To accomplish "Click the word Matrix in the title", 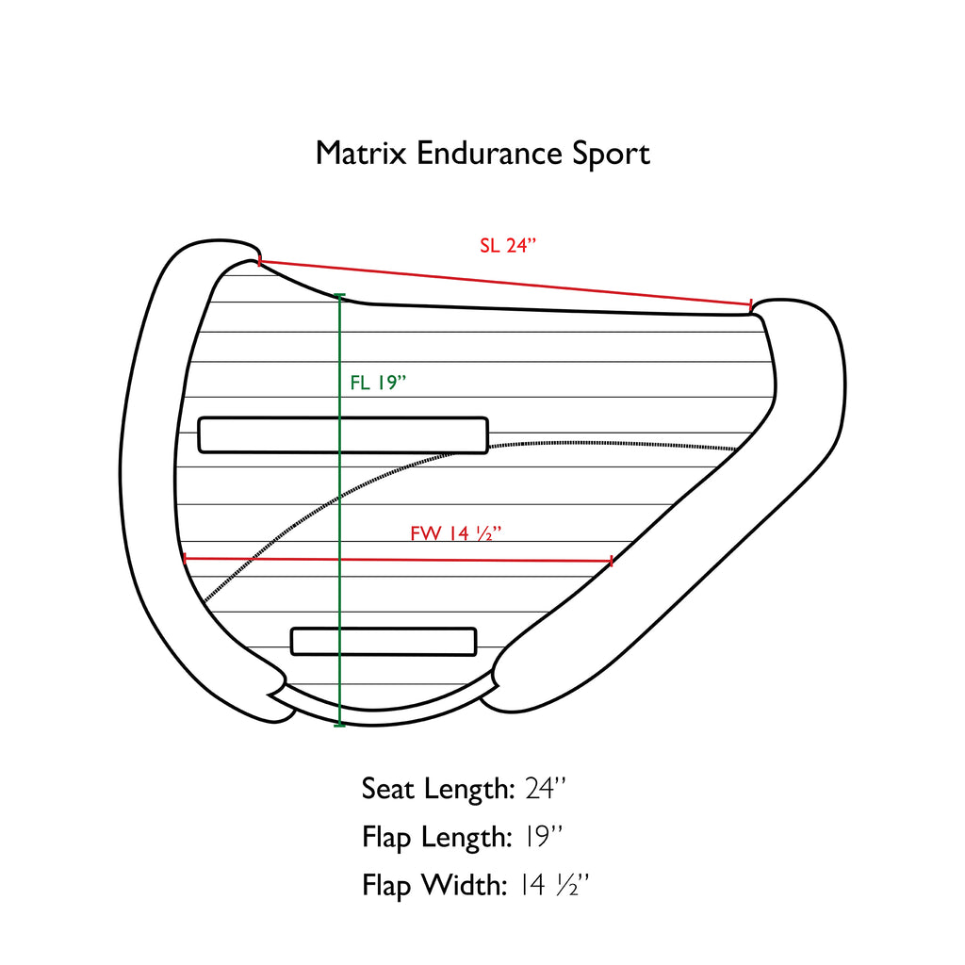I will (x=361, y=153).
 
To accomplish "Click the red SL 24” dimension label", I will (x=507, y=246).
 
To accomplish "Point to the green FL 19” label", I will (x=377, y=383).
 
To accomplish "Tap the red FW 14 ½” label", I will (x=454, y=533).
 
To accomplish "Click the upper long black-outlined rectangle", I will (x=343, y=435).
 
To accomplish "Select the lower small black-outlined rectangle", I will (x=384, y=641).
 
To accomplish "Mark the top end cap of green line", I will (x=339, y=297).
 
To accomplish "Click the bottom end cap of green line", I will (x=339, y=725).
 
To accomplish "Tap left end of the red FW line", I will (x=185, y=559).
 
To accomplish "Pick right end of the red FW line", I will (x=613, y=561).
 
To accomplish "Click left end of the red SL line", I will (x=259, y=261).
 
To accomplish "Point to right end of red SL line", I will (x=750, y=305).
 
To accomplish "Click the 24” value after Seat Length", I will (x=545, y=789).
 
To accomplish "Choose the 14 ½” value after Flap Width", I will (x=554, y=885).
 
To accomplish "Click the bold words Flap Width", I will (x=435, y=885).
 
